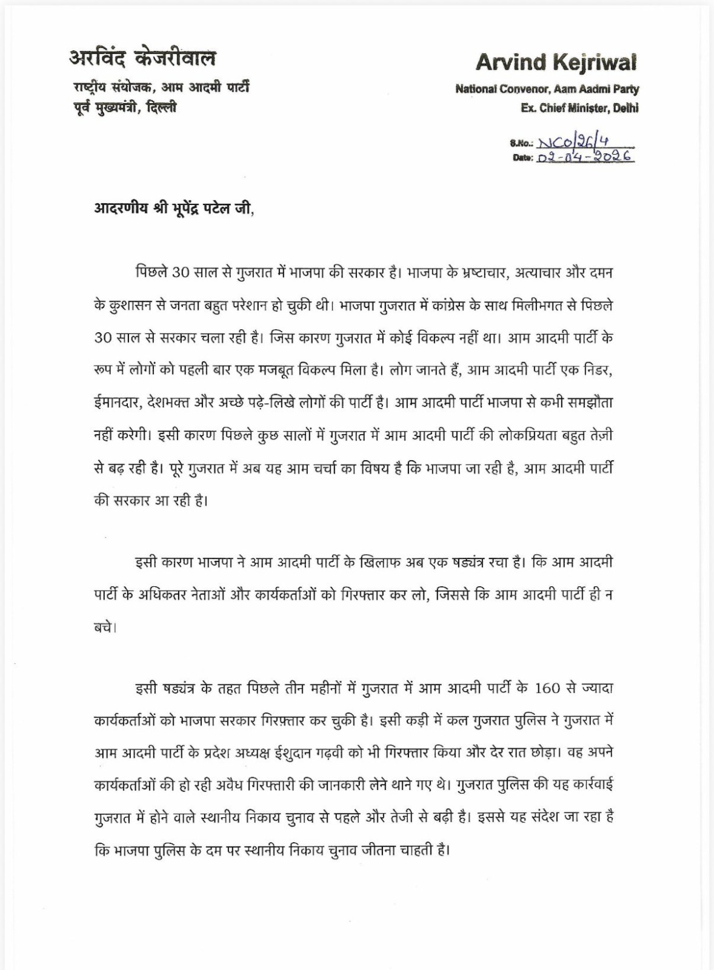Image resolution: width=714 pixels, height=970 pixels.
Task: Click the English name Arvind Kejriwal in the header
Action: click(556, 62)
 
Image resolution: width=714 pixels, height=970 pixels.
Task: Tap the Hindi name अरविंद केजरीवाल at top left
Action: click(142, 58)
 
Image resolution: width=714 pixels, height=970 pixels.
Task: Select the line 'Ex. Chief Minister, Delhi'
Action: click(579, 109)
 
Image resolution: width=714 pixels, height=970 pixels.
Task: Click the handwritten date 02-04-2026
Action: click(586, 157)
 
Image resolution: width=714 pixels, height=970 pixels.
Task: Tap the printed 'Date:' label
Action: click(522, 158)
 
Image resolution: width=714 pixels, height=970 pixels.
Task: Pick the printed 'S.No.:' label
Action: click(521, 144)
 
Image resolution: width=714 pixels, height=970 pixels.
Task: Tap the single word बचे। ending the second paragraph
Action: click(105, 627)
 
